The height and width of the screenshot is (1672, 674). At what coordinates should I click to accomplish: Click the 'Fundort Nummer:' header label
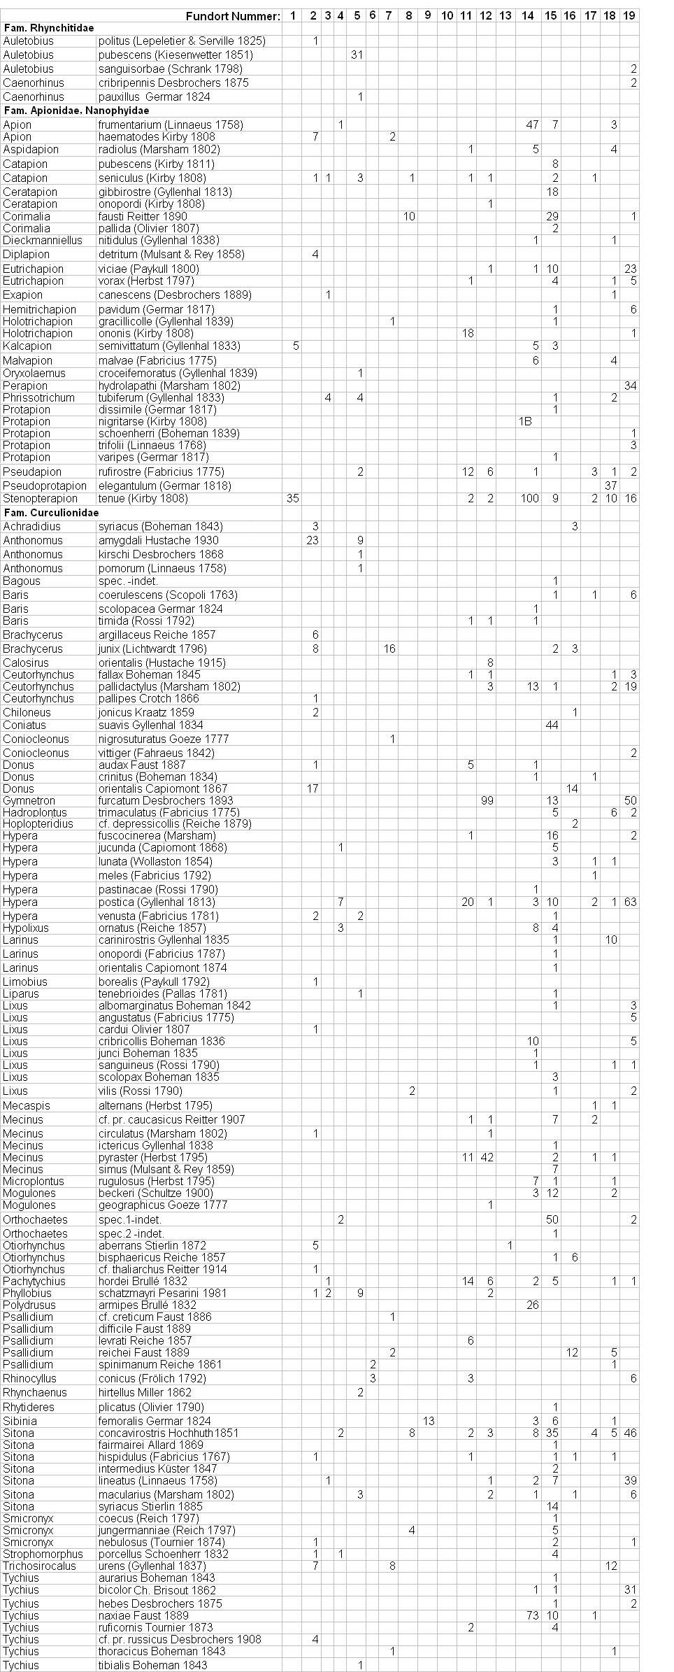(233, 15)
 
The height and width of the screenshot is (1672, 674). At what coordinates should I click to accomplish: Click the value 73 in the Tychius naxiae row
(532, 1615)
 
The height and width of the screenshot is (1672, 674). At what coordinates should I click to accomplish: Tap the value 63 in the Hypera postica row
(630, 902)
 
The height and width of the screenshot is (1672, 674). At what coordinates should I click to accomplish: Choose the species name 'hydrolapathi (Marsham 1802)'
(169, 385)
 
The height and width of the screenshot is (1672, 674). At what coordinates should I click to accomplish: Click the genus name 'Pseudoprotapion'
(45, 486)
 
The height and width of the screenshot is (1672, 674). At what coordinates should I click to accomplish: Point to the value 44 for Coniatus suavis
(552, 725)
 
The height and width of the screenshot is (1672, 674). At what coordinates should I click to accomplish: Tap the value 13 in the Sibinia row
(429, 1421)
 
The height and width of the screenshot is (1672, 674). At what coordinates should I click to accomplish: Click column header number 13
(505, 15)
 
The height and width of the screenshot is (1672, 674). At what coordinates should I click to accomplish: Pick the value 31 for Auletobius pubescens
(357, 55)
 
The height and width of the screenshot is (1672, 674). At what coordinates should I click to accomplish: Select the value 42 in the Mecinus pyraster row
(487, 1157)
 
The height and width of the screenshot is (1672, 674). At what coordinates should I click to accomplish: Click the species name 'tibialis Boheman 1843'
(152, 1665)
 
